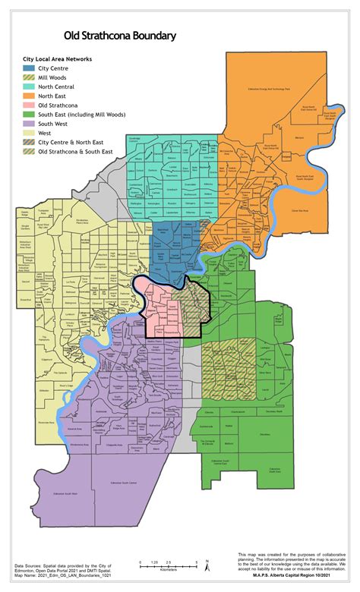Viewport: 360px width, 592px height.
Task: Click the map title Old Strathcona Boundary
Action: (x=120, y=36)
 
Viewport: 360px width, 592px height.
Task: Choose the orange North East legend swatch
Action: (x=28, y=96)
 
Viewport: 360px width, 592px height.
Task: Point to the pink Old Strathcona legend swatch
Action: (x=28, y=105)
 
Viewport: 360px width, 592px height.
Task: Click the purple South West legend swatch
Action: (x=28, y=123)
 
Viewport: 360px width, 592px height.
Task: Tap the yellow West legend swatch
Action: (x=28, y=132)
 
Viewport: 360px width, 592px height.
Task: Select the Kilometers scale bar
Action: (x=168, y=564)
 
